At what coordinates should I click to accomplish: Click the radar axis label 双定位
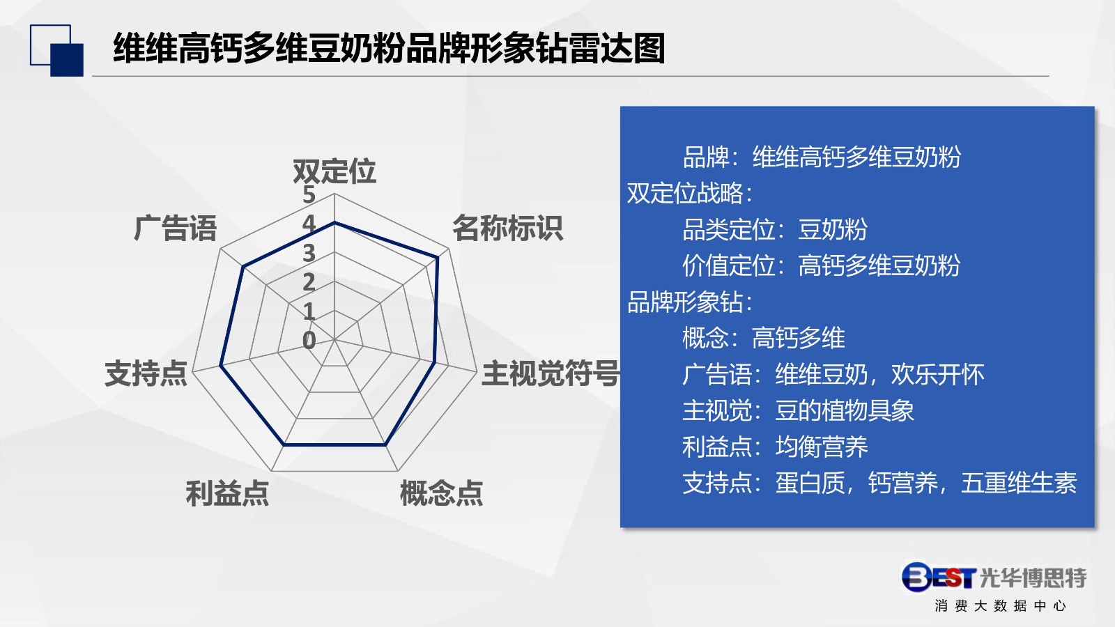click(x=334, y=171)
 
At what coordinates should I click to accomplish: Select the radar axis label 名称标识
click(x=508, y=229)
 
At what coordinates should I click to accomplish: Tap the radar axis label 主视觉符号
click(x=551, y=373)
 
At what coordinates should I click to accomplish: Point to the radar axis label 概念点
click(x=442, y=493)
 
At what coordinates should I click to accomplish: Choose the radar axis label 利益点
click(x=227, y=493)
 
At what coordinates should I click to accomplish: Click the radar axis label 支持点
click(x=146, y=373)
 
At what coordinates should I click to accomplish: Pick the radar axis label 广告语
click(x=175, y=229)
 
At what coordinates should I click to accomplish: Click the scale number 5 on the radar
click(x=309, y=194)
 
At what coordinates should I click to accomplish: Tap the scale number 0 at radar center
click(x=309, y=341)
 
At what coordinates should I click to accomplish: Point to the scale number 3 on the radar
click(x=309, y=253)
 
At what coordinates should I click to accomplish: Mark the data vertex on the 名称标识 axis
click(x=438, y=257)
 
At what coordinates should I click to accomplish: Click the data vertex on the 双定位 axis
click(x=334, y=222)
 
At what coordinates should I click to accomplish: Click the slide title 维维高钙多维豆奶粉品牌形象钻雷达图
click(x=390, y=49)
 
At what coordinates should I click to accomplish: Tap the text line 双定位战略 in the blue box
click(x=689, y=193)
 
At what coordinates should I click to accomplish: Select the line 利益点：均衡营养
click(x=775, y=447)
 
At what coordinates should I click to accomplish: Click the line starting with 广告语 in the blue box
click(x=833, y=374)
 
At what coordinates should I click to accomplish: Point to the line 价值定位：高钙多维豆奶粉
click(x=822, y=265)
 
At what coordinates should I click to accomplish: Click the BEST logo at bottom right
click(x=939, y=578)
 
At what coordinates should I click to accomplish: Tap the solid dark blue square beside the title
click(x=67, y=60)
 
